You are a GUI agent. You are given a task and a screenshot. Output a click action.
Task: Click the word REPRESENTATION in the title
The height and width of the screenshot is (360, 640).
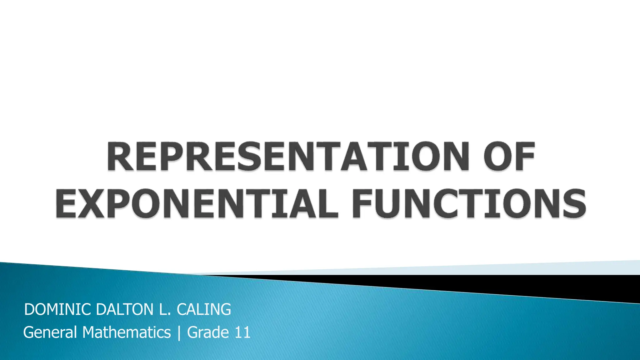(x=287, y=156)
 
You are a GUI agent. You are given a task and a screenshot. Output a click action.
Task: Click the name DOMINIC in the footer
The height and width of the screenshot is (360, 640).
(x=58, y=310)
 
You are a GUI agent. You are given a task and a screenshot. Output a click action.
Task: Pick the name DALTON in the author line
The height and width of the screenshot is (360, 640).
(x=125, y=310)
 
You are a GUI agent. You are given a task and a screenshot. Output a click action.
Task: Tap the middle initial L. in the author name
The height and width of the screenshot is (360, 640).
(x=165, y=310)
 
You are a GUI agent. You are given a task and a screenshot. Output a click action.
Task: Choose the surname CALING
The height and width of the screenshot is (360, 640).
(x=204, y=310)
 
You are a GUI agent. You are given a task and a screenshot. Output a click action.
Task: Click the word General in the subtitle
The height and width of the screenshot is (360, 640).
(x=50, y=332)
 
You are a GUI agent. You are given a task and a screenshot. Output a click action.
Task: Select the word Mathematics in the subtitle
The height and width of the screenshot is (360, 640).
(x=127, y=332)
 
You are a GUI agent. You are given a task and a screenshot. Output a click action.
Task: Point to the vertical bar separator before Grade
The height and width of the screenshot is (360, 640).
(x=179, y=332)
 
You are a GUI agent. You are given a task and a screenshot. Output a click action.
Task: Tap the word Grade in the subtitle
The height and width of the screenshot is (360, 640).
(x=208, y=332)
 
